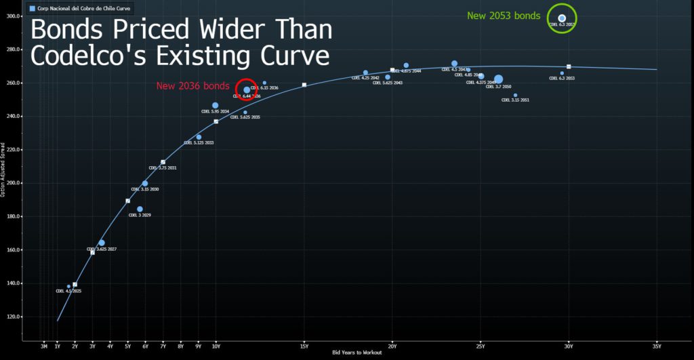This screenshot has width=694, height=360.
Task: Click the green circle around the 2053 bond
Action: tap(562, 18)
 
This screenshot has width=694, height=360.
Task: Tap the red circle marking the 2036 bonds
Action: tap(247, 89)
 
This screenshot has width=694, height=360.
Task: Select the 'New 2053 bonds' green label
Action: tap(504, 16)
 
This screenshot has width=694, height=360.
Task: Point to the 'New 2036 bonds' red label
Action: tap(192, 86)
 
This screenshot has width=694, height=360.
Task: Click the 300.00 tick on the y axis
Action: tap(13, 16)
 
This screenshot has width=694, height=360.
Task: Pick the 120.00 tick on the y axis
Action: tap(13, 317)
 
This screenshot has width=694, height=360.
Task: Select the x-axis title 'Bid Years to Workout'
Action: tap(356, 353)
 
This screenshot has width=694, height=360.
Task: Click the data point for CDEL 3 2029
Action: tap(140, 209)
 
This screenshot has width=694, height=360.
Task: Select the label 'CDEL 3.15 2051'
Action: tap(515, 100)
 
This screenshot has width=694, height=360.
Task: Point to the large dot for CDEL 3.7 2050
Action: tap(499, 79)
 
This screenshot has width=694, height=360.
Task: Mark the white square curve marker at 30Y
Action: tap(569, 66)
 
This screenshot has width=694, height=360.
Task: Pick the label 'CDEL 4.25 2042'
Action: tap(365, 78)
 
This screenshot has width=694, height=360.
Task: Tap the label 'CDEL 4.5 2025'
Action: tap(68, 291)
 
